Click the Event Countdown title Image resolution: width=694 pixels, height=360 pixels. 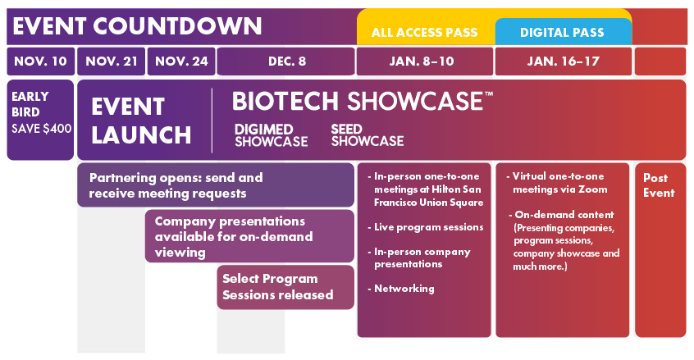[138, 25]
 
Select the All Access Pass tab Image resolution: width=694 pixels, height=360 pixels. [424, 33]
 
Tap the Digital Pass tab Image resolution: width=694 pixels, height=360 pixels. [562, 33]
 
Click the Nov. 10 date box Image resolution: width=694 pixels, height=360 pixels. [40, 62]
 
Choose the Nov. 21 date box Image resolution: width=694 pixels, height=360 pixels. [111, 62]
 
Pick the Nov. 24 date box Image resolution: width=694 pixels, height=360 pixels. [180, 62]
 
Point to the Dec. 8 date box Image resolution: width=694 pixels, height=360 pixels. [286, 62]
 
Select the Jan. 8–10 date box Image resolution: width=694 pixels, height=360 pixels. [424, 62]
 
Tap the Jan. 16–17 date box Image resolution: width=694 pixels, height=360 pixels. [563, 62]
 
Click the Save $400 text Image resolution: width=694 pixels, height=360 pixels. [41, 128]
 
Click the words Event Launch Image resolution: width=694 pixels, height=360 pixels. [141, 121]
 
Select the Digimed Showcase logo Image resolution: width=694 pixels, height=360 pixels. [271, 135]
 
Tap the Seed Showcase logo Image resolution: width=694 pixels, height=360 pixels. [367, 135]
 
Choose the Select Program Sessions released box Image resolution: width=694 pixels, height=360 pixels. [285, 287]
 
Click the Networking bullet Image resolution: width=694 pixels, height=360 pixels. [404, 289]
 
